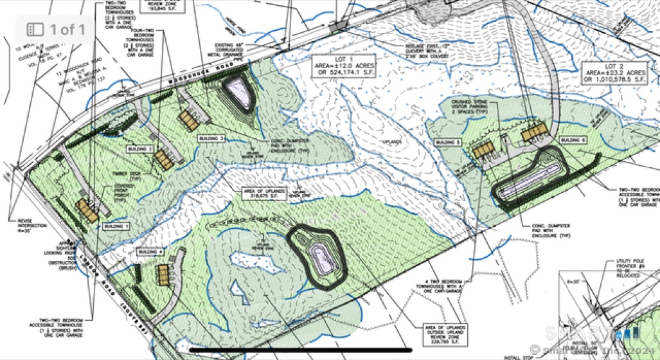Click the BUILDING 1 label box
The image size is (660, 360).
[x=116, y=227]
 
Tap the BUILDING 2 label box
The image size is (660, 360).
[x=140, y=148]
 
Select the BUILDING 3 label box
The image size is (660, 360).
[x=212, y=139]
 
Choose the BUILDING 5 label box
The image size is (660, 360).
[x=447, y=141]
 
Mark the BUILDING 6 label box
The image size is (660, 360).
[x=572, y=140]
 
